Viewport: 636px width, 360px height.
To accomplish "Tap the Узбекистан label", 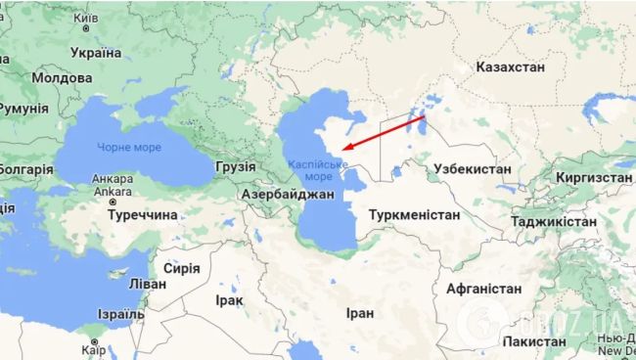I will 472,169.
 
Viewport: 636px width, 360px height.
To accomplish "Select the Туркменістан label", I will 415,214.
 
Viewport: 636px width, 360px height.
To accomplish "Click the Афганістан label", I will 483,291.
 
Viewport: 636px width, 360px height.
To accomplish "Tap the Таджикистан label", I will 552,222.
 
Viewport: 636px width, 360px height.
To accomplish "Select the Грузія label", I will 234,166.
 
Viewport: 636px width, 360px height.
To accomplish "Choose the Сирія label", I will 181,268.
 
